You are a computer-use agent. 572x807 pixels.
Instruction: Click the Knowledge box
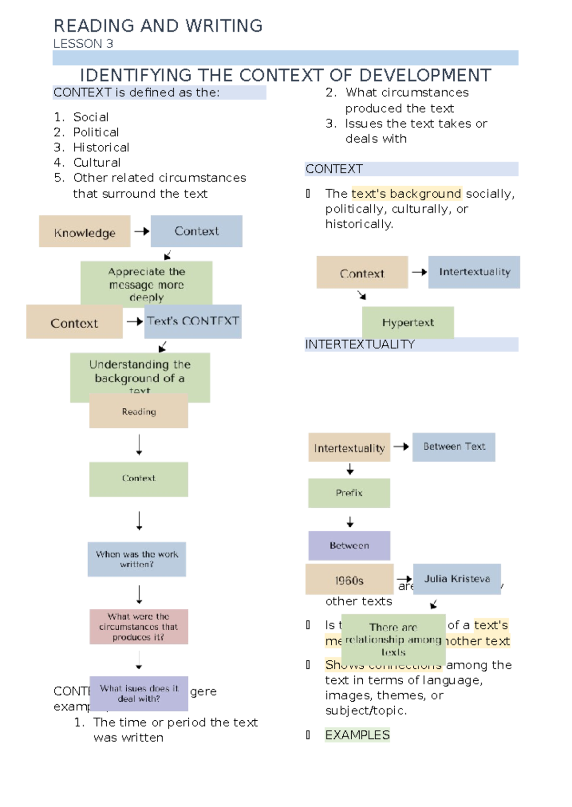coord(84,232)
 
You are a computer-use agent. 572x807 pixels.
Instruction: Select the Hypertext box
coord(408,323)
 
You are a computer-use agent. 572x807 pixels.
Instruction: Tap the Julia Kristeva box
coord(457,579)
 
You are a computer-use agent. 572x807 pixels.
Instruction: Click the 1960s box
coord(349,580)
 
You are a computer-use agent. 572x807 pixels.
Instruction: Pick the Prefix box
coord(349,493)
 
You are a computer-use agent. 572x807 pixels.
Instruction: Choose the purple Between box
coord(349,545)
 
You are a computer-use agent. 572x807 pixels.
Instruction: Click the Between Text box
coord(454,447)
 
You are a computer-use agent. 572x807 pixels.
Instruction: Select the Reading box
coord(138,412)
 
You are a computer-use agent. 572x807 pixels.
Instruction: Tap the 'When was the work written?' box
coord(137,559)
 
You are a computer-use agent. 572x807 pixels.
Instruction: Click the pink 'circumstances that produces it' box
coord(139,627)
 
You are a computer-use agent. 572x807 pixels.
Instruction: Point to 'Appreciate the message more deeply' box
coord(146,284)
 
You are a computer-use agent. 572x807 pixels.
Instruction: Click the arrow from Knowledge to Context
coord(141,232)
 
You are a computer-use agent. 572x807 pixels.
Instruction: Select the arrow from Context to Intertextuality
coord(419,272)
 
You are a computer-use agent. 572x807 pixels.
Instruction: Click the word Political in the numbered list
coord(96,132)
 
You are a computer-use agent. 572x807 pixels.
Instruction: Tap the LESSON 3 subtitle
coord(83,44)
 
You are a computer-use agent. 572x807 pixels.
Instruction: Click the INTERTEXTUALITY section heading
coord(360,344)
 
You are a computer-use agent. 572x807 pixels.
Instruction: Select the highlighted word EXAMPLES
coord(357,735)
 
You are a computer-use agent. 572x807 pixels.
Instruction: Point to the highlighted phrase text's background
coord(406,193)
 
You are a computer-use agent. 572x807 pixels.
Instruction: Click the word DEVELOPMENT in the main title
coord(425,75)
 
